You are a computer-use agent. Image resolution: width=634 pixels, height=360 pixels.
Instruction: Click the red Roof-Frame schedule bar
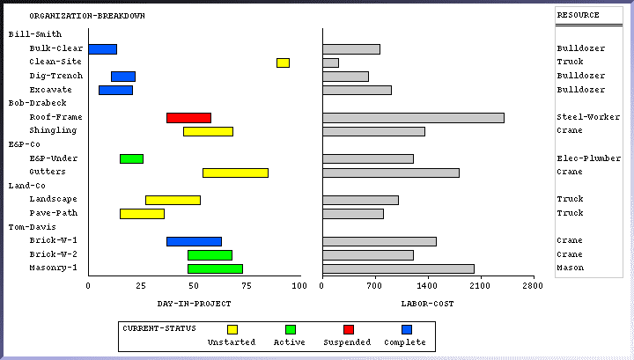(188, 118)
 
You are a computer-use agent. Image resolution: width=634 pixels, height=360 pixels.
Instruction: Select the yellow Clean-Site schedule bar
(283, 62)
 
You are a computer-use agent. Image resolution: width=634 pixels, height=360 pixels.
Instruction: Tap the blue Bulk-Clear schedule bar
(102, 49)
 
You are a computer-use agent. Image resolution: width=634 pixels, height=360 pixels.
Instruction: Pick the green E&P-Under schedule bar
(131, 158)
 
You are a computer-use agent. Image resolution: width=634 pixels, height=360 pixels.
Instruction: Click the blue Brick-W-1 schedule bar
(194, 241)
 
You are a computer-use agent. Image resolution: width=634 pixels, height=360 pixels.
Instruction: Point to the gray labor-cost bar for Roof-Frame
(413, 118)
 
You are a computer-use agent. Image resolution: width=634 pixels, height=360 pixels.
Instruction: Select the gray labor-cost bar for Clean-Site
(330, 62)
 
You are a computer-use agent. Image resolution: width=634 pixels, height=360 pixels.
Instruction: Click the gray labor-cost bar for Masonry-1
(398, 268)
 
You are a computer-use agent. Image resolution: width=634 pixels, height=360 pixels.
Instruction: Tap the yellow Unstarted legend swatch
(232, 329)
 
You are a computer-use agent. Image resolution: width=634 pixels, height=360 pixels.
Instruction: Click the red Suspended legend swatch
(348, 329)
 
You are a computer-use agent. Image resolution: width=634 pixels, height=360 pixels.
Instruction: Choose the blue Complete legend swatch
(406, 329)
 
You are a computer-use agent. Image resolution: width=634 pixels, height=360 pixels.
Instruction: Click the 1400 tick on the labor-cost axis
(427, 286)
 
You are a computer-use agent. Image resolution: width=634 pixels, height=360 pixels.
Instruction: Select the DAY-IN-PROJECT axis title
(194, 303)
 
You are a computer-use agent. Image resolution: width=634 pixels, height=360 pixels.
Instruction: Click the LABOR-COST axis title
(427, 303)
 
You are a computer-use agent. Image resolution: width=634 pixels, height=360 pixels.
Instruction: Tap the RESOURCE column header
(579, 15)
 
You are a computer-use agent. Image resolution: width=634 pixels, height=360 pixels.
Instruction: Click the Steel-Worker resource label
(588, 117)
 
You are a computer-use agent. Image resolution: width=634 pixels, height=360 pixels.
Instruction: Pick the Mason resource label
(571, 268)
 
